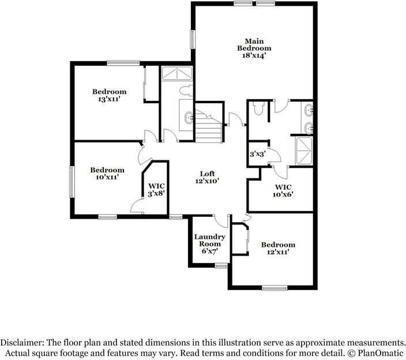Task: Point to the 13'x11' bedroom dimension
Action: pos(110,99)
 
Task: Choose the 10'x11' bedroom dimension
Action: pos(107,178)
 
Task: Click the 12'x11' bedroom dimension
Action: pos(277,252)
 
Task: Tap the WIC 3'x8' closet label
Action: pos(156,190)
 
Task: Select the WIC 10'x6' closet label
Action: pos(283,191)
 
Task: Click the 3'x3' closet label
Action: pos(257,155)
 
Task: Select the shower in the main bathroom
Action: pos(303,151)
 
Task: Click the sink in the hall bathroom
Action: pos(189,117)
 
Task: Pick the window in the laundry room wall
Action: pos(220,266)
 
